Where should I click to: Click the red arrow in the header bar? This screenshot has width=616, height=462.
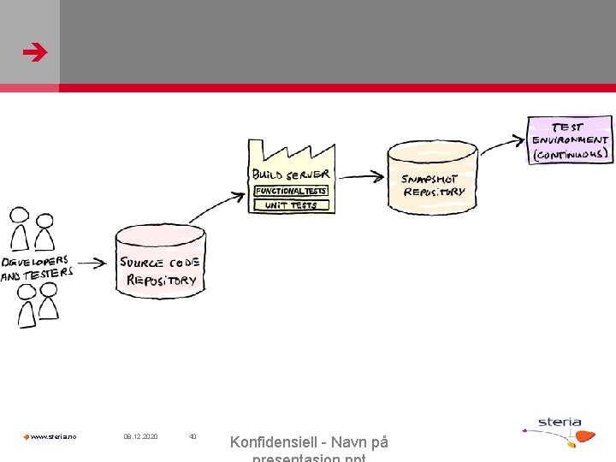tap(36, 54)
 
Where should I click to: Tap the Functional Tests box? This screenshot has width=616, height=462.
tap(290, 191)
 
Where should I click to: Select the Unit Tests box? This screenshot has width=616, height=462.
tap(290, 205)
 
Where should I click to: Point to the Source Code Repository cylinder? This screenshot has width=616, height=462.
tap(160, 261)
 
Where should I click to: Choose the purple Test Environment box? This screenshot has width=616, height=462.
tap(570, 139)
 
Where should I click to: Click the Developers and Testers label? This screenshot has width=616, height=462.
tap(38, 267)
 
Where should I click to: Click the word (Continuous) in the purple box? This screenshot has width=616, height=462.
tap(571, 155)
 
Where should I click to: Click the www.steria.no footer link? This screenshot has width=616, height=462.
tap(53, 437)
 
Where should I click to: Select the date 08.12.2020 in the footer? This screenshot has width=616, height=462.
tap(140, 437)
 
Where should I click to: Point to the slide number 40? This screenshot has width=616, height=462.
tap(192, 437)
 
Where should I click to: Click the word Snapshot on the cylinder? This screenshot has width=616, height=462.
tap(429, 180)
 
